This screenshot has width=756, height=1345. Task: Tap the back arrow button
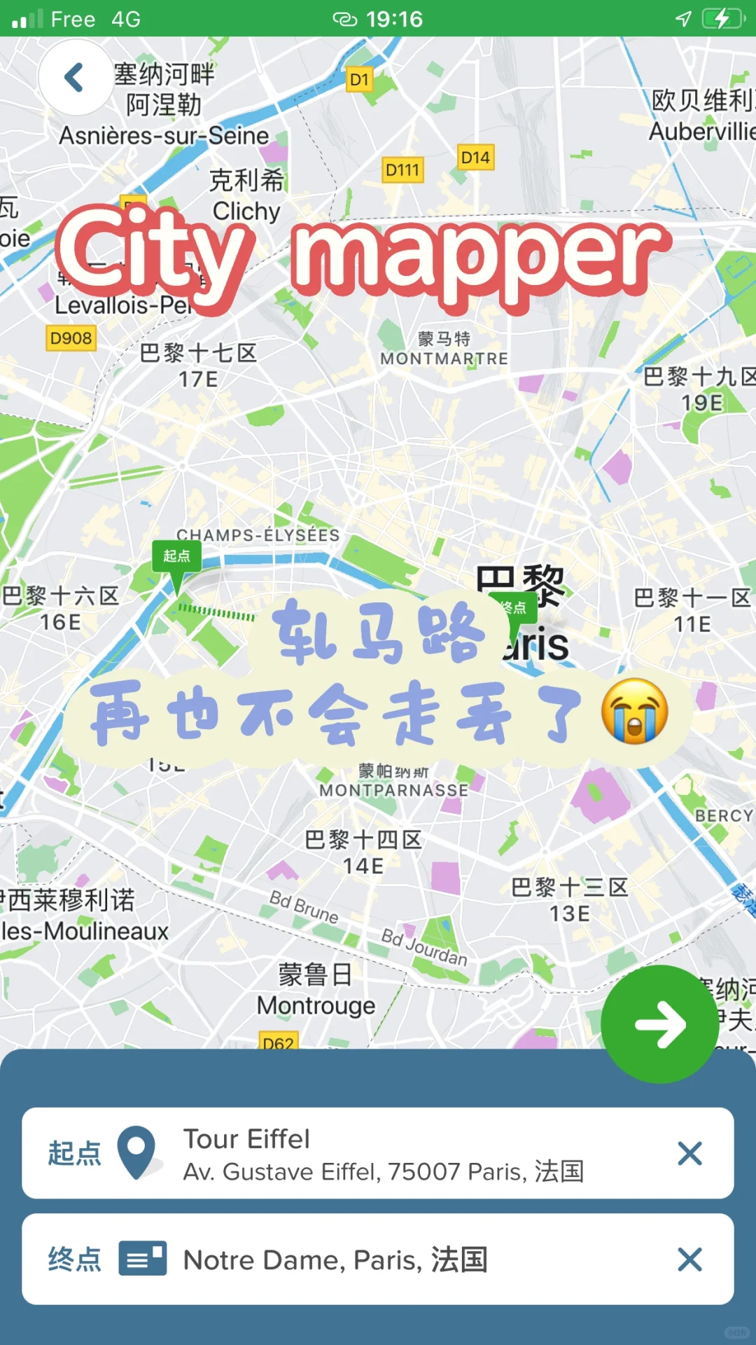tap(75, 77)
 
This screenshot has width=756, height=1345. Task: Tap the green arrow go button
tap(659, 1024)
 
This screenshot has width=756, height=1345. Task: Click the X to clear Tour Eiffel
tap(689, 1153)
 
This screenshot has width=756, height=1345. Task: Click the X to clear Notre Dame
tap(689, 1260)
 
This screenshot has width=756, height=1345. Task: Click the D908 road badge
tap(71, 338)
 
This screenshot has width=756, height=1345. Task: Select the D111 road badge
tap(402, 170)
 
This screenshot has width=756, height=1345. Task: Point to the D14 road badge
tap(475, 158)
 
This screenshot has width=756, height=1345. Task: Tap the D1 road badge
tap(359, 80)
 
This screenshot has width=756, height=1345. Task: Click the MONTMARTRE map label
tap(444, 359)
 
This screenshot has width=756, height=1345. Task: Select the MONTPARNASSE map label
tap(393, 790)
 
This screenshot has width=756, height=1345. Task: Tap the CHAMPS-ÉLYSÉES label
tap(258, 535)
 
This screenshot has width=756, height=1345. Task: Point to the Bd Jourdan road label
tap(424, 947)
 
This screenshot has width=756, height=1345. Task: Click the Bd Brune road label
tap(304, 907)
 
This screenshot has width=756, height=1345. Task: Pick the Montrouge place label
tap(316, 1006)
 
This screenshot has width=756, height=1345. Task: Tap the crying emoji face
tap(634, 710)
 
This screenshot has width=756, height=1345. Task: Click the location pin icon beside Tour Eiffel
tap(136, 1152)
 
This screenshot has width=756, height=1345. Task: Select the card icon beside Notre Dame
tap(143, 1259)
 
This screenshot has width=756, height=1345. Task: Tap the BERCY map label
tap(723, 816)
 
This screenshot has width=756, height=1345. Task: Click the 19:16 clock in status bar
tap(394, 19)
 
